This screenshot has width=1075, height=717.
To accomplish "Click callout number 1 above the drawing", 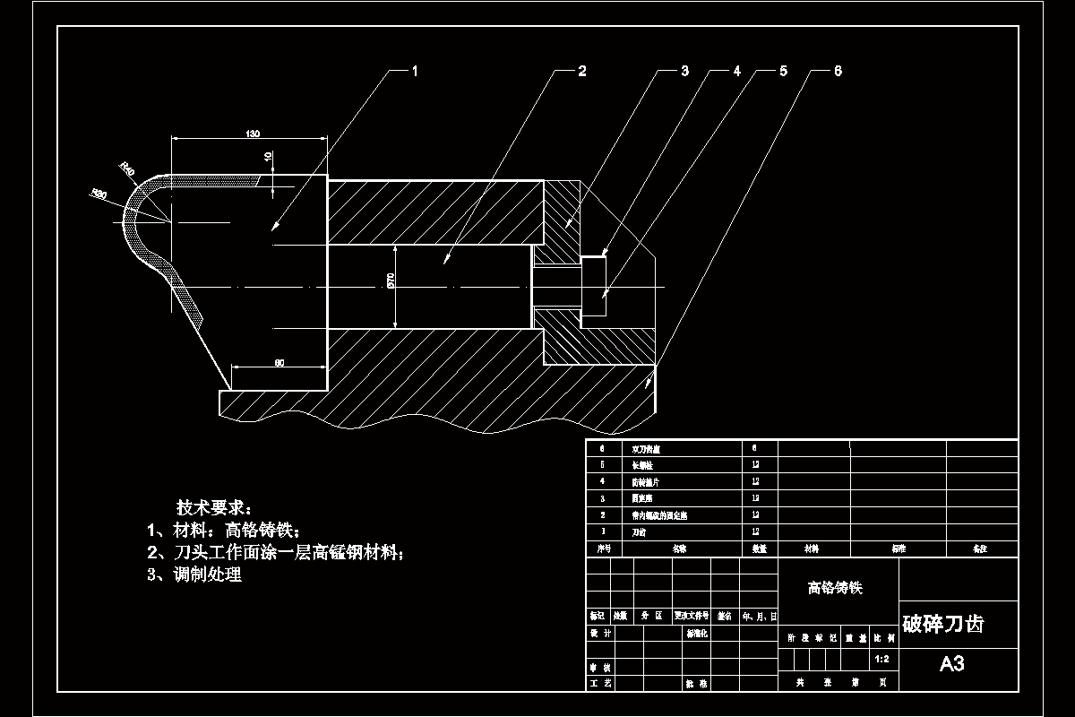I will tap(415, 71).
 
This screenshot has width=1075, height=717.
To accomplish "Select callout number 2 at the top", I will tap(581, 71).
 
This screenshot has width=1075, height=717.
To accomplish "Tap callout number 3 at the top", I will tap(684, 71).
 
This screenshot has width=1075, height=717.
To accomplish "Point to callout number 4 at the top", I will tap(737, 71).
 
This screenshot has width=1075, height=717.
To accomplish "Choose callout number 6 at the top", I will tap(838, 71).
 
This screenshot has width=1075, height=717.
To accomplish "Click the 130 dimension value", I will tap(252, 134).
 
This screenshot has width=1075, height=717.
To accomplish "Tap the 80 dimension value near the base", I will tap(279, 362).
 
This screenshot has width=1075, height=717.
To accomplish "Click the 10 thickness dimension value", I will tap(267, 156).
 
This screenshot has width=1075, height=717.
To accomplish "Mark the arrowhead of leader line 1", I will tap(274, 229).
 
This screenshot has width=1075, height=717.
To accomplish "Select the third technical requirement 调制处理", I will tap(194, 574).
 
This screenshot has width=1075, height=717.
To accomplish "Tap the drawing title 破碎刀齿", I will tap(942, 624).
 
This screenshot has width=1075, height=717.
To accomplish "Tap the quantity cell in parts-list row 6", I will tap(755, 446).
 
